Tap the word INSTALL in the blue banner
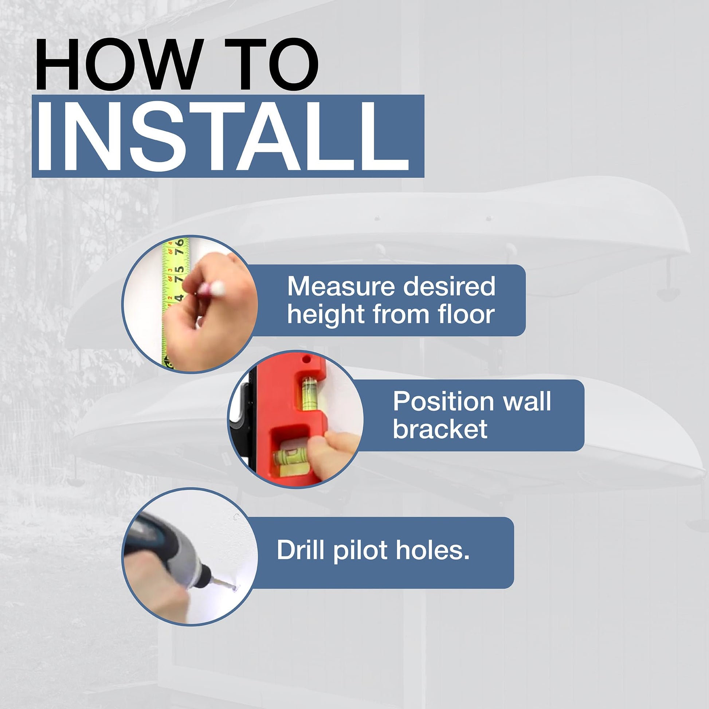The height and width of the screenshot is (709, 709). point(223,136)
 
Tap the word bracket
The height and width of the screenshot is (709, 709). point(440,429)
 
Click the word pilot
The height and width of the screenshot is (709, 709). point(361,551)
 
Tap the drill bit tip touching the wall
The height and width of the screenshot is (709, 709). point(235,589)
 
